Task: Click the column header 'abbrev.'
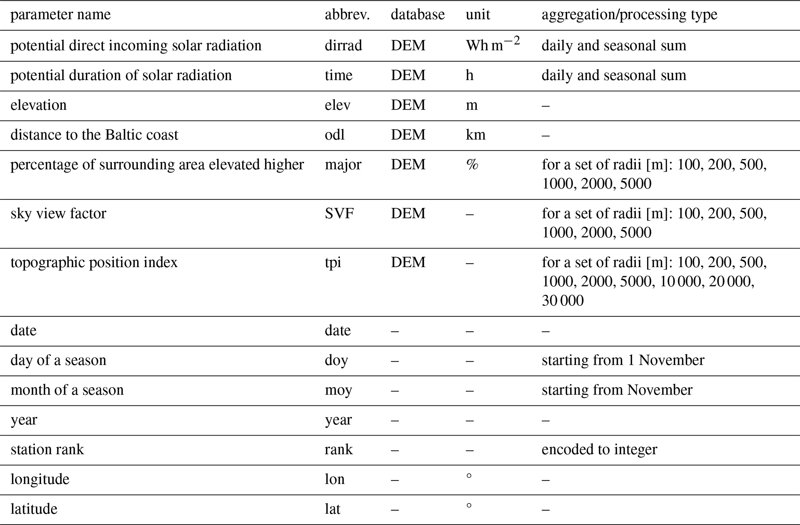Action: pyautogui.click(x=347, y=15)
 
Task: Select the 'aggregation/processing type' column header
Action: pyautogui.click(x=629, y=15)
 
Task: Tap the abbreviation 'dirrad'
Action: pyautogui.click(x=343, y=46)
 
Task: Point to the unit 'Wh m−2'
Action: pyautogui.click(x=493, y=45)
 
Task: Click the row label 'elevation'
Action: pyautogui.click(x=38, y=105)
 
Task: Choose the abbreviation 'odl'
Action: pyautogui.click(x=334, y=135)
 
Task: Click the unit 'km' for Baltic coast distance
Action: pyautogui.click(x=475, y=135)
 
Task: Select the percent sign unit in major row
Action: pyautogui.click(x=472, y=165)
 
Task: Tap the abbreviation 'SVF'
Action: pyautogui.click(x=339, y=214)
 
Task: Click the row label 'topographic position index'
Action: pyautogui.click(x=94, y=263)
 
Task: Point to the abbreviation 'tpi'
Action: pyautogui.click(x=333, y=263)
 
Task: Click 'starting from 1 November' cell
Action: pyautogui.click(x=623, y=360)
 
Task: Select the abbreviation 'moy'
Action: pyautogui.click(x=338, y=390)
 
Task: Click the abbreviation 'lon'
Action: pyautogui.click(x=334, y=480)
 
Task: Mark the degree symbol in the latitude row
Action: pyautogui.click(x=469, y=506)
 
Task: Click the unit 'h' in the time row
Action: pyautogui.click(x=469, y=75)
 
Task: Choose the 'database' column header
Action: pyautogui.click(x=418, y=15)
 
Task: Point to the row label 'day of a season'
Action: pyautogui.click(x=58, y=360)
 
